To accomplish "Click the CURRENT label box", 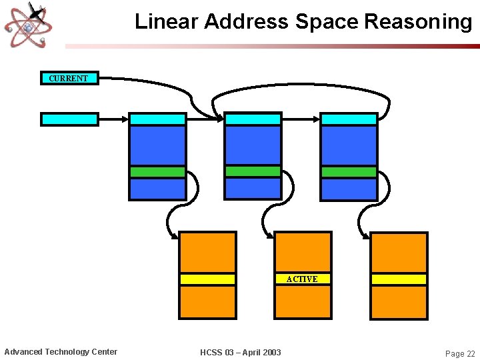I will click(x=69, y=78).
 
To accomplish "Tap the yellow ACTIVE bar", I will click(x=303, y=279).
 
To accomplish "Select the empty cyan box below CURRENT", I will click(x=69, y=119).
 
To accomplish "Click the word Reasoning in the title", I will click(x=418, y=21).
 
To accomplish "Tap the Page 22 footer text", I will click(x=460, y=353).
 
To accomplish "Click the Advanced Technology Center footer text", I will click(x=61, y=351).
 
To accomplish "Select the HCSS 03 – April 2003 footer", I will click(x=240, y=352).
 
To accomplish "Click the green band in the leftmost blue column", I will click(x=157, y=172).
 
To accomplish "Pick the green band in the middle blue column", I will click(x=253, y=171).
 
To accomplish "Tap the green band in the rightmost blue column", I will click(x=349, y=172).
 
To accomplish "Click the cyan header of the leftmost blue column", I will click(x=157, y=119).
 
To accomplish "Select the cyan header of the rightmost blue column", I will click(x=349, y=119).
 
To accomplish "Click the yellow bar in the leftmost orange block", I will click(x=207, y=279).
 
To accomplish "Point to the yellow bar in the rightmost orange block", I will click(x=399, y=279).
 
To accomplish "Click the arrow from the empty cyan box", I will click(x=113, y=119).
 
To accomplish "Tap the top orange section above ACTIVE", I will click(x=303, y=252).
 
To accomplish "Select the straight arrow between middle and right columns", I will click(x=301, y=119).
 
